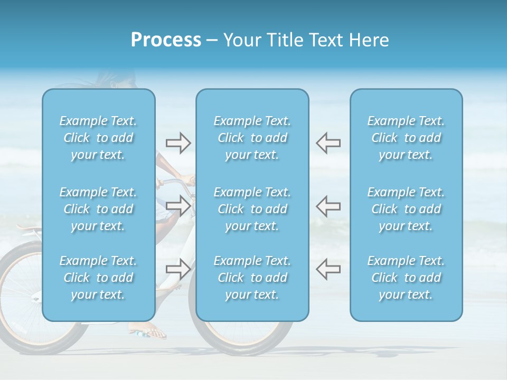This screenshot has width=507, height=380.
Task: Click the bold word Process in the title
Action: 166,40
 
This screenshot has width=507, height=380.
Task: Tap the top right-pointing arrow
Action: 178,143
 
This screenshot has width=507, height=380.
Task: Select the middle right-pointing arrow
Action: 178,206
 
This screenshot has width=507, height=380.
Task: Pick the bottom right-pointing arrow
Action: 178,269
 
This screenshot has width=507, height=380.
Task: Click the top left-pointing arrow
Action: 328,143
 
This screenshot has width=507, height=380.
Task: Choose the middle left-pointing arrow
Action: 328,206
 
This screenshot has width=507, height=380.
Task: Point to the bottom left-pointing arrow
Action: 328,269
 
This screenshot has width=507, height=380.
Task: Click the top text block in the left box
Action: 98,138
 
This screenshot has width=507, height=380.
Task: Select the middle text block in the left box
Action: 98,209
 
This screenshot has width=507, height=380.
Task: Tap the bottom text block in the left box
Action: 98,278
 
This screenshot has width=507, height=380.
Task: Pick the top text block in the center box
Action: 252,138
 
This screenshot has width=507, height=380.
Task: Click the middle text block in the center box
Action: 252,209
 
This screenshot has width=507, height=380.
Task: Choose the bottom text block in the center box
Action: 252,278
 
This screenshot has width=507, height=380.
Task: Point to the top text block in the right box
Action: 406,138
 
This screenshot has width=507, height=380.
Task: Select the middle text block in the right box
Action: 406,209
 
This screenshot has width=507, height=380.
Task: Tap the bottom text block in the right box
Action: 406,278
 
